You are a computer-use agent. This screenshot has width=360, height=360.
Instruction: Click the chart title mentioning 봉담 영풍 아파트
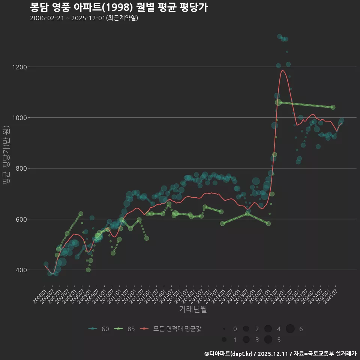[x=118, y=7]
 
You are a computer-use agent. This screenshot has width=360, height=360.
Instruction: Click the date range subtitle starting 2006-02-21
[x=84, y=18]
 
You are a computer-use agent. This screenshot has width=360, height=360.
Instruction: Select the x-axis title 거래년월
[x=193, y=309]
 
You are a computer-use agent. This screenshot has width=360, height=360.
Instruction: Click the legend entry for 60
[x=99, y=329]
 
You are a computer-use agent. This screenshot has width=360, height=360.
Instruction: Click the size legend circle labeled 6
[x=290, y=329]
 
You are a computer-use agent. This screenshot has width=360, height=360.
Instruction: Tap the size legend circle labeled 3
[x=246, y=340]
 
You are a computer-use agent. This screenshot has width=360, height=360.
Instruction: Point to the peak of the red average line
[x=282, y=70]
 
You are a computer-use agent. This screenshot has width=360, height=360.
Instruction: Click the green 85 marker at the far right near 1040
[x=333, y=107]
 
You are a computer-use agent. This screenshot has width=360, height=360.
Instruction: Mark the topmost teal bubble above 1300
[x=279, y=36]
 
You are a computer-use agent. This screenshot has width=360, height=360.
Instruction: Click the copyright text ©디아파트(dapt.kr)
[x=229, y=354]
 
